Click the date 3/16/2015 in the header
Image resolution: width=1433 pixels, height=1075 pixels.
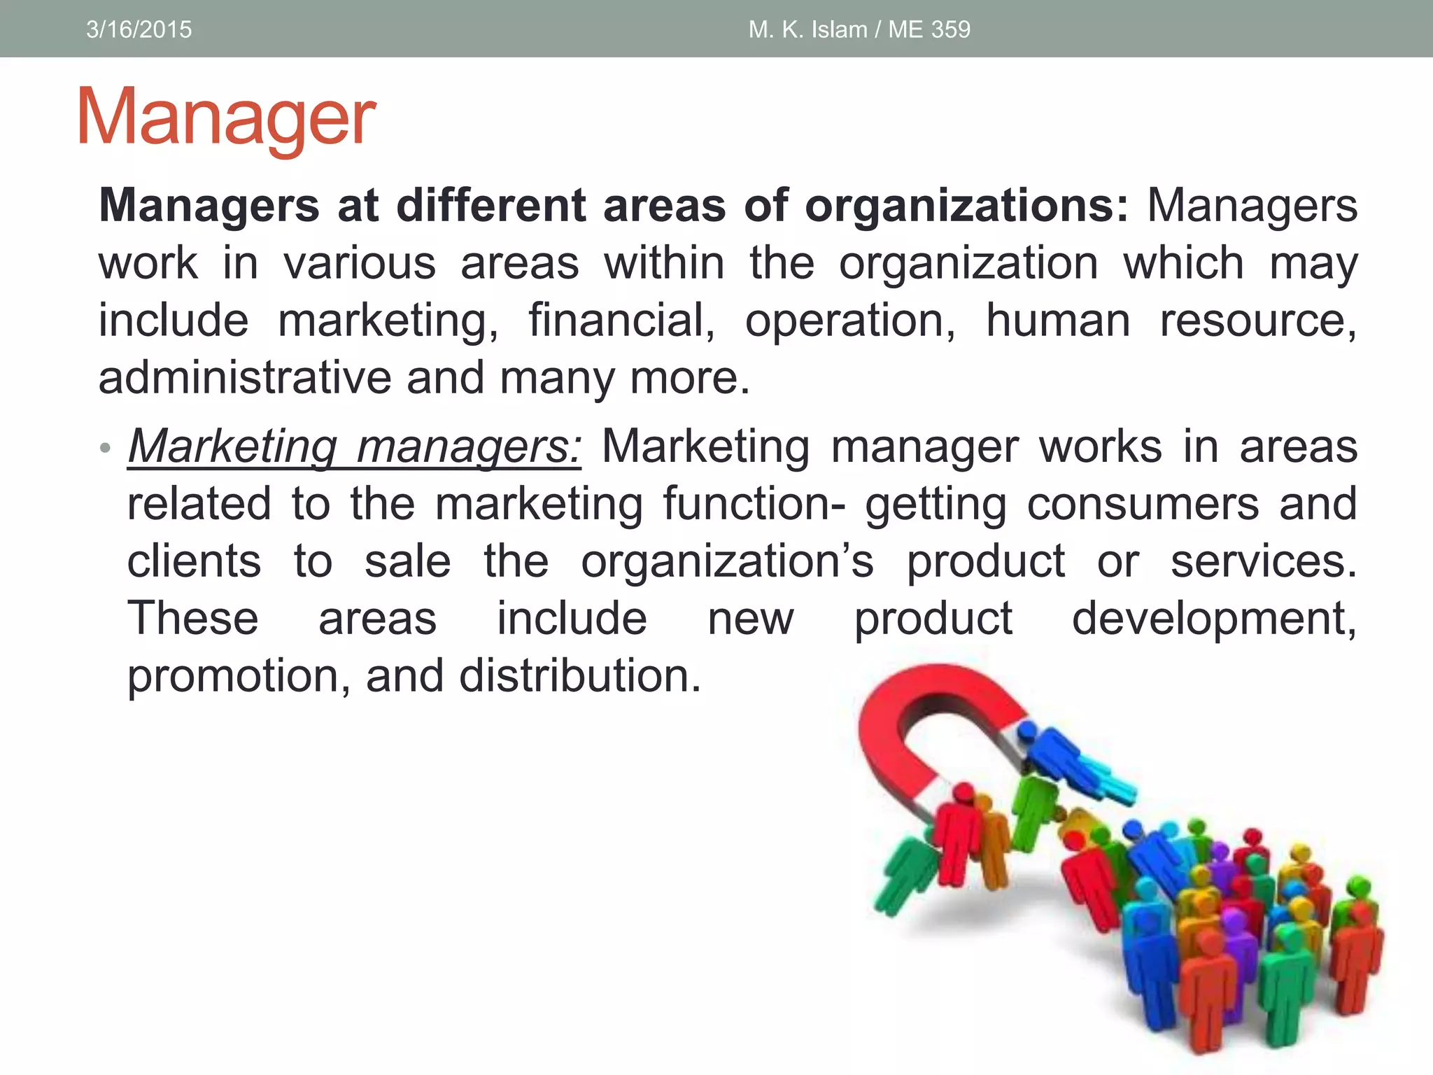pyautogui.click(x=139, y=29)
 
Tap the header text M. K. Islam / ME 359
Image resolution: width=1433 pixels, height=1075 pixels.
pyautogui.click(x=859, y=29)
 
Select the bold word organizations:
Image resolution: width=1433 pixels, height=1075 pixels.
pyautogui.click(x=966, y=206)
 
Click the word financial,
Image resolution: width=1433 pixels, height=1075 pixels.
pyautogui.click(x=621, y=321)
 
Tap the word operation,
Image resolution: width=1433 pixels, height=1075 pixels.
pyautogui.click(x=849, y=321)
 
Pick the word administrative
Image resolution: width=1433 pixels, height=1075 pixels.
pyautogui.click(x=244, y=378)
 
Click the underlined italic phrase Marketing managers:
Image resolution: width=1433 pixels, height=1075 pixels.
pyautogui.click(x=354, y=447)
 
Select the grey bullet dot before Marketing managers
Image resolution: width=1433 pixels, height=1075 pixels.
pyautogui.click(x=105, y=448)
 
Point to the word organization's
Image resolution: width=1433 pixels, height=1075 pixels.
pyautogui.click(x=727, y=561)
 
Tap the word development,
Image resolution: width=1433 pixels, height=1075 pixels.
pyautogui.click(x=1214, y=619)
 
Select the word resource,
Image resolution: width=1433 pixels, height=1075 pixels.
pyautogui.click(x=1258, y=321)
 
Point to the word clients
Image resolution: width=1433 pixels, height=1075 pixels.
pyautogui.click(x=194, y=561)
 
